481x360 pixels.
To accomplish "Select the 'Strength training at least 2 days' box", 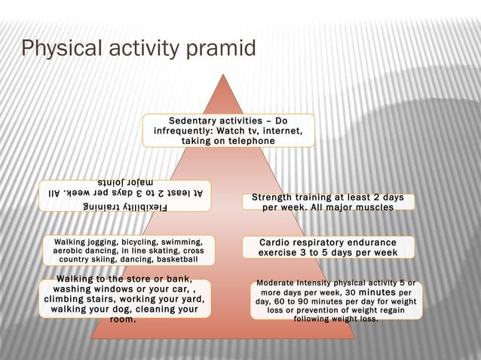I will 328,202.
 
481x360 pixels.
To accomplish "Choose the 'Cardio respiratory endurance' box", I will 328,248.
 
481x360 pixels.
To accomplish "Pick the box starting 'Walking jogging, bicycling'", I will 128,250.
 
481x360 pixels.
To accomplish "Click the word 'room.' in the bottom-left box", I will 123,319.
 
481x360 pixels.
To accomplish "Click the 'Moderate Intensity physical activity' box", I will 336,300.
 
